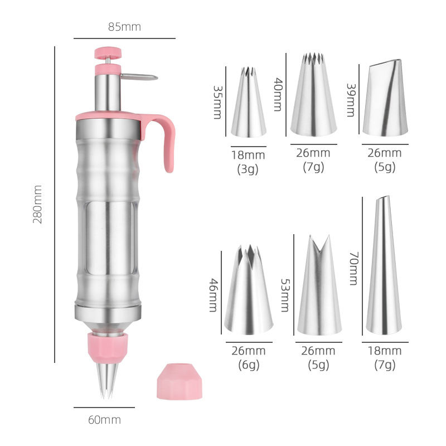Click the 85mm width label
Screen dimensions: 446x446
[124, 26]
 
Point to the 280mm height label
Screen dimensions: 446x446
[38, 205]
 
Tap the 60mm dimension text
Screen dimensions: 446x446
[104, 420]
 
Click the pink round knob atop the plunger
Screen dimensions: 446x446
[108, 53]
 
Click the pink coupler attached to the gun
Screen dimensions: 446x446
[107, 345]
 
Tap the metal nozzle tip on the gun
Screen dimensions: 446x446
[106, 379]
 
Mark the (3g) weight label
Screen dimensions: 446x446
[249, 169]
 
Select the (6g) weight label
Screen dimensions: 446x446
[249, 365]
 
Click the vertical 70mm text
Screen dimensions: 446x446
[352, 268]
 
